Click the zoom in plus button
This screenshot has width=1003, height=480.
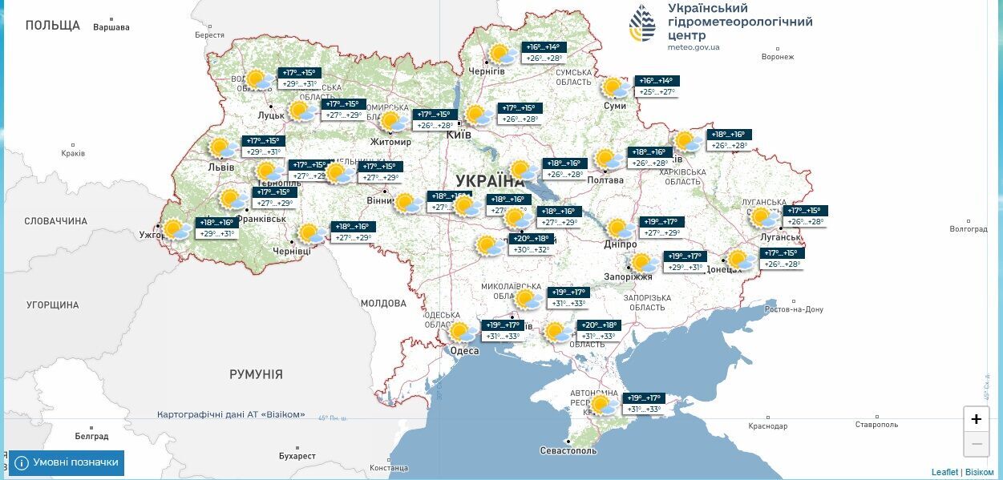coord(976,419)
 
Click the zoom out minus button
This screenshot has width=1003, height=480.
coord(976,443)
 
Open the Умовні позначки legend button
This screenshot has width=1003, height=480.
coord(67,462)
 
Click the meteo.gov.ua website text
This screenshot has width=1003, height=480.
coord(694,47)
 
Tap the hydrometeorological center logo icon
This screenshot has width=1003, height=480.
coord(641,23)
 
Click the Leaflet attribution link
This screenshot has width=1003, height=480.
coord(944,472)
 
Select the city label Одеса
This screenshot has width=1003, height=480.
coord(464,351)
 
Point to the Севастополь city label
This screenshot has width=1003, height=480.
coord(568,451)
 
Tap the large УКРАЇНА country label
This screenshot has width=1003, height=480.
coord(490,180)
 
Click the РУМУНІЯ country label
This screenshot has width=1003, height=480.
coord(256,374)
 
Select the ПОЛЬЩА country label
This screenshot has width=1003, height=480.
coord(53,26)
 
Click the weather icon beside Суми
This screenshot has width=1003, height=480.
coord(616,87)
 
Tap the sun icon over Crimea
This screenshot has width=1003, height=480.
coord(603,404)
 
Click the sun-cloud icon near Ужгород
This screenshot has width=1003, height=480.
coord(175,230)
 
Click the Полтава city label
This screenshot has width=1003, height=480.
coord(605,180)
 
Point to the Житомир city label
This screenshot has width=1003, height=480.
coord(390,143)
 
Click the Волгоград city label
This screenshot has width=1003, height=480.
coord(968,229)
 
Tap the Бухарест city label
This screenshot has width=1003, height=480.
coord(298,455)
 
